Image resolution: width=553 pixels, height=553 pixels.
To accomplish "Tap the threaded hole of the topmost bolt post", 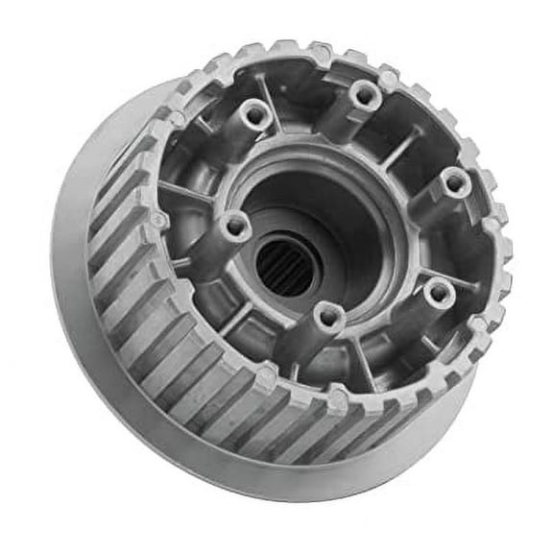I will pos(364,93).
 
